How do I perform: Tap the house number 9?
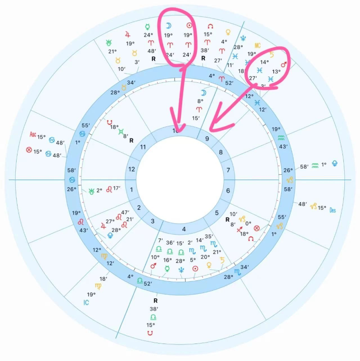tap(207, 139)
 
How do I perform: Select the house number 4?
tap(183, 230)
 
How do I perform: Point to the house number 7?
tap(228, 170)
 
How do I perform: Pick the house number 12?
tap(131, 169)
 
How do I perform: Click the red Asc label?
tap(32, 135)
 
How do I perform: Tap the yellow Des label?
tap(333, 210)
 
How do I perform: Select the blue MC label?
tap(257, 45)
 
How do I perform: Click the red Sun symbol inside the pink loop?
tap(189, 26)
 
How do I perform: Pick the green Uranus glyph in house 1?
tap(92, 190)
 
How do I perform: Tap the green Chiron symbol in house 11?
tap(121, 131)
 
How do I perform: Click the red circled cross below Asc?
tap(29, 149)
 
